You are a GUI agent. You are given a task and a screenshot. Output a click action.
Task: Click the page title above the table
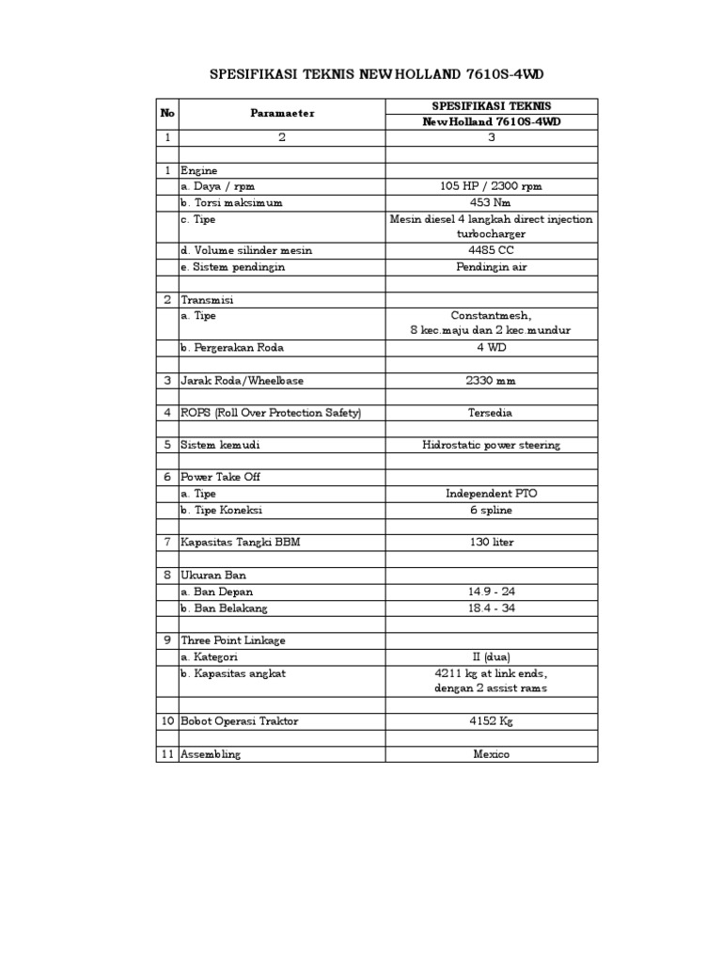coord(376,73)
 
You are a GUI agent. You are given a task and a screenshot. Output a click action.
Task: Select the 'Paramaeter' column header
coord(282,114)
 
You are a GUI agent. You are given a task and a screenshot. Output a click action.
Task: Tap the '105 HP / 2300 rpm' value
coord(491,186)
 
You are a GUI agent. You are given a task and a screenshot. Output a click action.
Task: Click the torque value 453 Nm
coord(491,202)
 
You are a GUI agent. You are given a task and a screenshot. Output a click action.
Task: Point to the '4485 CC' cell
coord(491,250)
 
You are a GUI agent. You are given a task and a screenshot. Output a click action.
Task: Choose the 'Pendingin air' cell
coord(491,267)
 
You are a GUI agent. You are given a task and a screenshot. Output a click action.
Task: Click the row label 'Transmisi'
coord(206,300)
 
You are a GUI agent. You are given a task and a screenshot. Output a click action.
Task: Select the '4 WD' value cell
coord(491,348)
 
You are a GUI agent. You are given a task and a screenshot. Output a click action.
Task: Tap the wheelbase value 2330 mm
coord(491,381)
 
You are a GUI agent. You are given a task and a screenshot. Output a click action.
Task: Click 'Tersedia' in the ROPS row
coord(491,413)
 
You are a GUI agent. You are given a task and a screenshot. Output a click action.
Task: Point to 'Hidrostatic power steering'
coord(491,445)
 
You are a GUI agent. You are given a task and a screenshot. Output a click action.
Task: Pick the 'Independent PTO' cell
coord(491,494)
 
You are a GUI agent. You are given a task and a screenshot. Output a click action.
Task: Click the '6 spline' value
coord(491,510)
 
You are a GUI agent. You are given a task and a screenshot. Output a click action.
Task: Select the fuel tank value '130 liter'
coord(491,543)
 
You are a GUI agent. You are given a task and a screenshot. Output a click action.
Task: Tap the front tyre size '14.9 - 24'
coord(491,592)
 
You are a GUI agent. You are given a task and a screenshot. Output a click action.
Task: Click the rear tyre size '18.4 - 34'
coord(491,608)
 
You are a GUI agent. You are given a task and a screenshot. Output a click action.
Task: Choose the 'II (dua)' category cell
coord(491,656)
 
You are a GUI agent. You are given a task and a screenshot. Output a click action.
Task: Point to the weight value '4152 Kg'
coord(491,721)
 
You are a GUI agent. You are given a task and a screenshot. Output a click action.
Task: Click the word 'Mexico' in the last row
coord(491,754)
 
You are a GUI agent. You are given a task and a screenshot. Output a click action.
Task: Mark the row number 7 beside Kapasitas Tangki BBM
coord(167,543)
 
